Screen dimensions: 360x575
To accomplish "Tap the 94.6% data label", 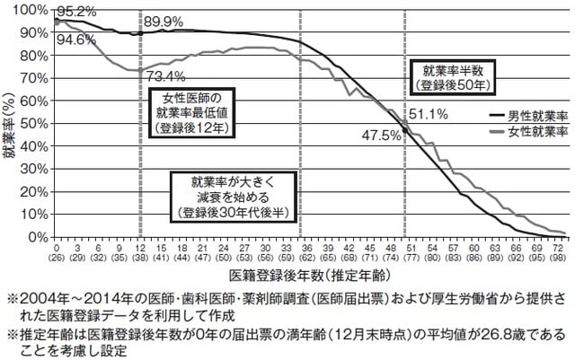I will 75,39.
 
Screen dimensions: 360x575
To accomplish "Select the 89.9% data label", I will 164,21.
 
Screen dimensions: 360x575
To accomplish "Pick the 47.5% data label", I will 381,136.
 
